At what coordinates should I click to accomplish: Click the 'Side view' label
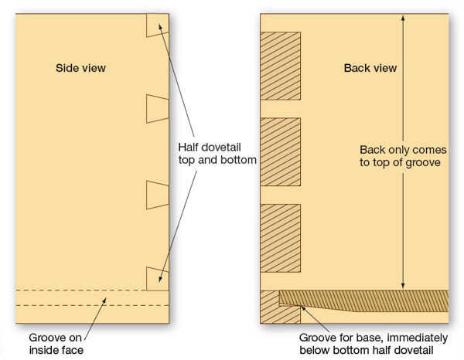pos(80,68)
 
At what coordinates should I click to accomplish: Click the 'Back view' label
pos(370,68)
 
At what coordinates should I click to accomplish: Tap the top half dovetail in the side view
pos(157,25)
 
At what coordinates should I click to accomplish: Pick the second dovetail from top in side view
pos(157,109)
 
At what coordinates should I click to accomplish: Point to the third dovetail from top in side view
pos(157,195)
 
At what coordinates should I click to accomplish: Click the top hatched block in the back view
pos(280,66)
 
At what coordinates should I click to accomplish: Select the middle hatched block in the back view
pos(280,152)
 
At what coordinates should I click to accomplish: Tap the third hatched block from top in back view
pos(280,238)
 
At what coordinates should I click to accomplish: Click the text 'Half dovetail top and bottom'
pos(217,153)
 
